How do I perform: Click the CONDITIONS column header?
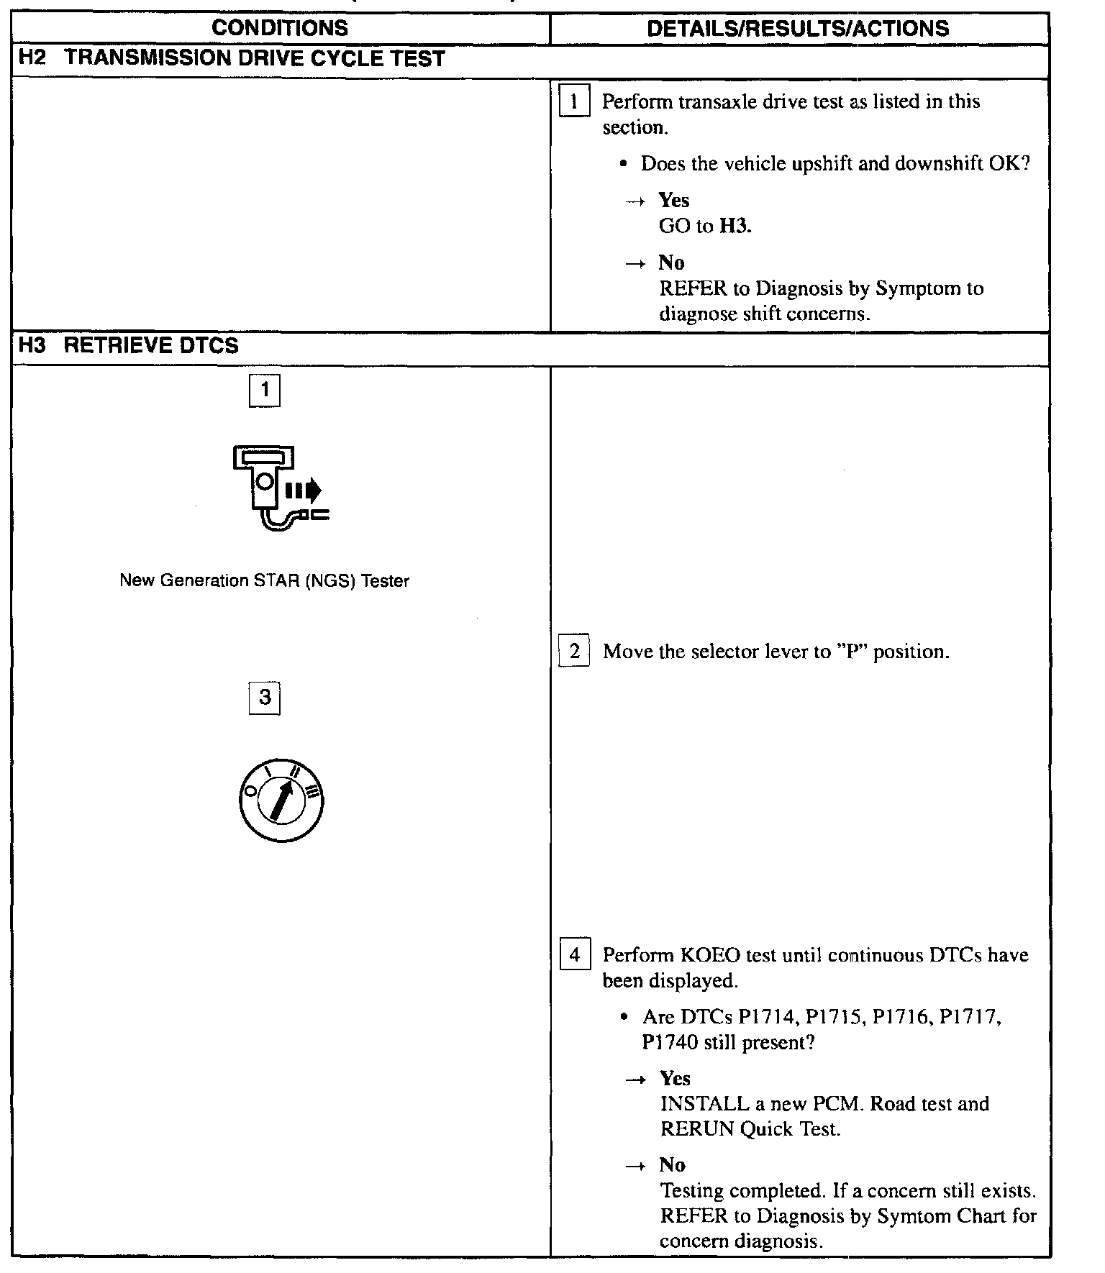pos(280,28)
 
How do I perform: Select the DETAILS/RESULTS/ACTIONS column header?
pos(798,28)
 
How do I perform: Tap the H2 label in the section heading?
pos(32,58)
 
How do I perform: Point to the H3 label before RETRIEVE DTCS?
pos(32,346)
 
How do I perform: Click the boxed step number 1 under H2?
pos(574,101)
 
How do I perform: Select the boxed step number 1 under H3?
pos(265,391)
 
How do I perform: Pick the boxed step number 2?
pos(574,652)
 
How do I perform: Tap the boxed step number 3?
pos(265,698)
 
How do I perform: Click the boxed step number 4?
pos(574,955)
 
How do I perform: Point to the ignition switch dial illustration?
pos(281,800)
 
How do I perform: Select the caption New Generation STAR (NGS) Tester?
pos(264,581)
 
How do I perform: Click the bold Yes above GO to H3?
pos(674,200)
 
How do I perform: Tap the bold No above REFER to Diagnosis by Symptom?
pos(671,263)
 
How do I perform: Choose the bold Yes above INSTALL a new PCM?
pos(675,1078)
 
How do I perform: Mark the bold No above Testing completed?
pos(672,1164)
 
